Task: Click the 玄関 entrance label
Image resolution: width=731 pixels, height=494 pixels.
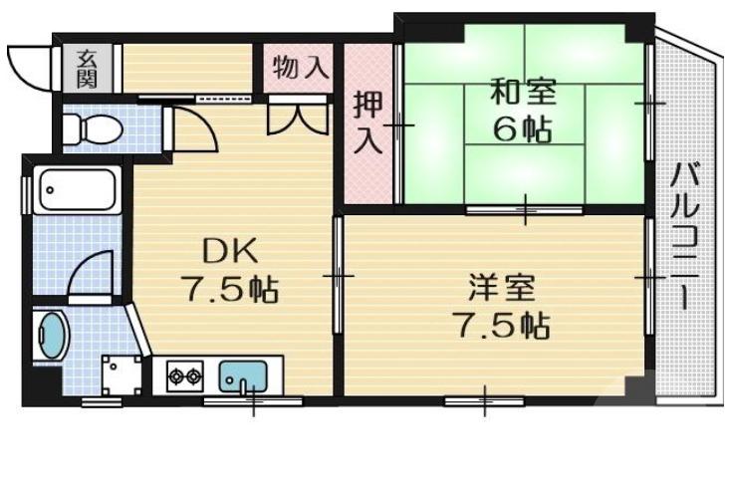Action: [x=87, y=68]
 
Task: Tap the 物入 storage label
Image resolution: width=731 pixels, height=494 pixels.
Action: [x=301, y=68]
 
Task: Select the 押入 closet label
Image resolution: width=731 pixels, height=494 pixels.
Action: [x=368, y=122]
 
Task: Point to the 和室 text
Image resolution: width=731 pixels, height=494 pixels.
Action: [x=522, y=93]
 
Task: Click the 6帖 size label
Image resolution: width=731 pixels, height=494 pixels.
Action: [x=522, y=130]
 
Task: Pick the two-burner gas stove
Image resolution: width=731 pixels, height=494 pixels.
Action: [x=184, y=376]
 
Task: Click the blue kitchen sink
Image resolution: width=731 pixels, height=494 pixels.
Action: [x=243, y=376]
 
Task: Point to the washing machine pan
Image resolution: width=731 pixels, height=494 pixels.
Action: [x=122, y=372]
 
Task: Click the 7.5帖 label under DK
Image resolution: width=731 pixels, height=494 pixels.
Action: [x=228, y=289]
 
